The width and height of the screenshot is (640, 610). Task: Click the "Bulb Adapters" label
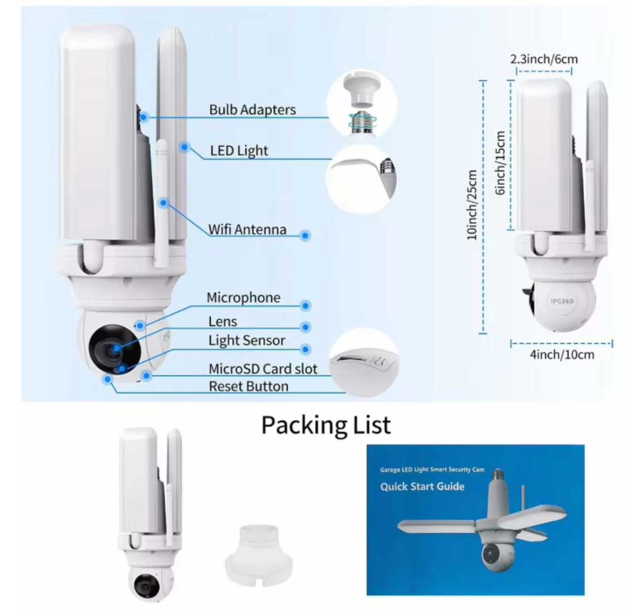tap(252, 110)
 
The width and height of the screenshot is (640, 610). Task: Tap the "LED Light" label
tap(239, 151)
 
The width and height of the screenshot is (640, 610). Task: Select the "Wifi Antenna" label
tap(247, 229)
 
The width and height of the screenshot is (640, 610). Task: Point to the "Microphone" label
tap(243, 297)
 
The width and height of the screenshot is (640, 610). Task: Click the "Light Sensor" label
tap(247, 340)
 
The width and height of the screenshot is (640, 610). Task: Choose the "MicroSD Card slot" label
tap(263, 369)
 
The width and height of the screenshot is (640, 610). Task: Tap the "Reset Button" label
tap(248, 386)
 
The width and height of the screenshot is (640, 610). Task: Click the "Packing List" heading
tap(326, 425)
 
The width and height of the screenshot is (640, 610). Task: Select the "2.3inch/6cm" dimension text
tap(544, 59)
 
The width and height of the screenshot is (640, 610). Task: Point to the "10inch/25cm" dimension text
tap(472, 205)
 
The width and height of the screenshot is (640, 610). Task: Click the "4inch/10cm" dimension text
tap(562, 355)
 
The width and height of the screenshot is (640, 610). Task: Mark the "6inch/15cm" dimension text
tap(500, 163)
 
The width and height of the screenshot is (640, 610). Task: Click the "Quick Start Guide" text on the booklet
tap(422, 487)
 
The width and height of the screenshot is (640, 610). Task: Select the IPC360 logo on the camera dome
tap(563, 301)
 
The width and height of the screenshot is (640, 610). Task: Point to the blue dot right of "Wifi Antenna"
tap(305, 235)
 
